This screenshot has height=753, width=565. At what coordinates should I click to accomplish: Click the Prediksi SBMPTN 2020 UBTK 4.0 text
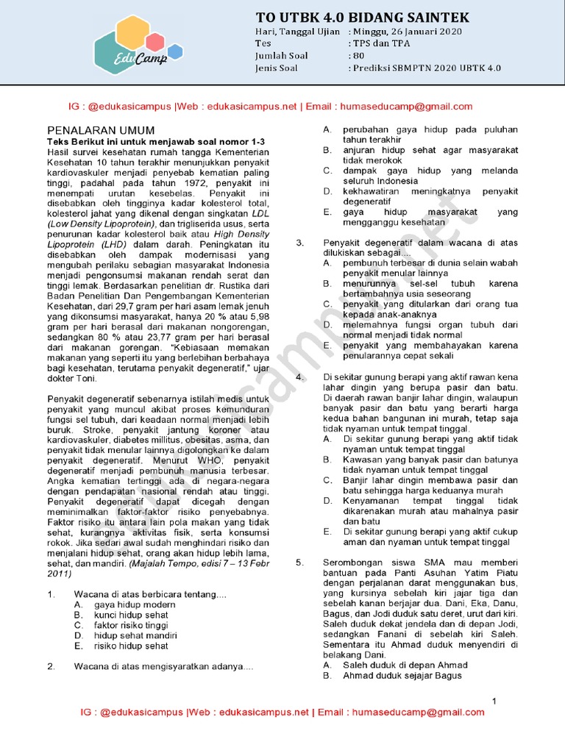(x=427, y=67)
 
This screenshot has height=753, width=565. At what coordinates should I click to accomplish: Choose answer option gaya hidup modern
(x=135, y=604)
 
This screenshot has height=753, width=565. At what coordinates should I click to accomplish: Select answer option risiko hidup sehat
(x=131, y=646)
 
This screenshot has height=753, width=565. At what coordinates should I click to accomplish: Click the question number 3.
(x=299, y=242)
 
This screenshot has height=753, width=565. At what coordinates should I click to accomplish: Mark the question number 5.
(x=299, y=563)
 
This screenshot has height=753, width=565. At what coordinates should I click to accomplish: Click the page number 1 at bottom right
(x=494, y=700)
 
